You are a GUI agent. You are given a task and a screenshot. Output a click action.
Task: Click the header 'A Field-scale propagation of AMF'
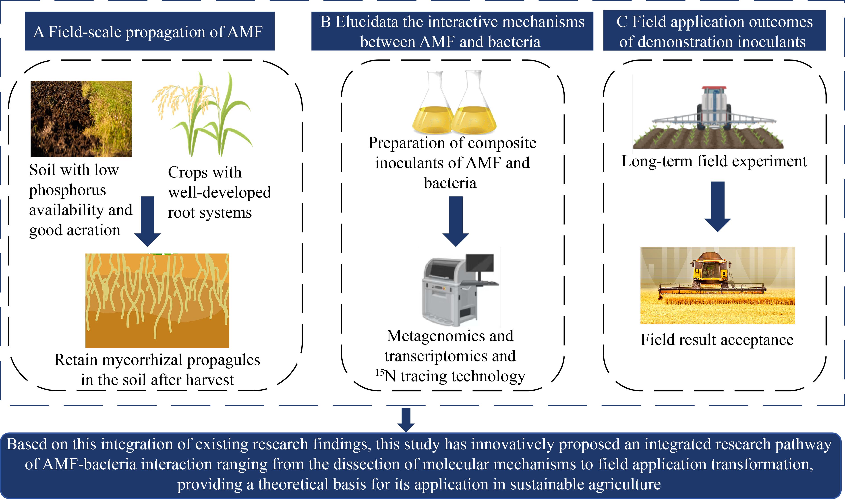(150, 31)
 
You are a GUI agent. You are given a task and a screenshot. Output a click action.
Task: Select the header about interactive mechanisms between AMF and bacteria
(452, 31)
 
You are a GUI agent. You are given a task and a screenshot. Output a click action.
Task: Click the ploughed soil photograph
(81, 119)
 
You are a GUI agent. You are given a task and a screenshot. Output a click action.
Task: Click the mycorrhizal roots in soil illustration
(157, 300)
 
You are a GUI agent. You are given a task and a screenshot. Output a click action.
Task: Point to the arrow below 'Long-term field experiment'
(718, 206)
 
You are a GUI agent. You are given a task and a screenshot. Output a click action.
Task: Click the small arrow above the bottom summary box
(406, 420)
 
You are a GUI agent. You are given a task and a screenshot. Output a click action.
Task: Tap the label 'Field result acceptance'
(717, 340)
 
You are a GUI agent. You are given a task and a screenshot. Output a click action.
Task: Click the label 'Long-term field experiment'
(714, 161)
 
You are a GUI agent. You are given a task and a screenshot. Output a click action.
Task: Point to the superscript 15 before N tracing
(379, 373)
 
